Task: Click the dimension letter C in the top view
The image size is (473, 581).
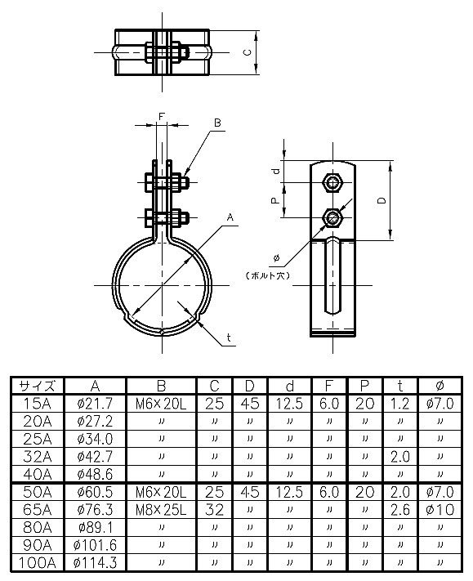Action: tap(248, 51)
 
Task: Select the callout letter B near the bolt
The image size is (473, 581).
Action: tap(217, 123)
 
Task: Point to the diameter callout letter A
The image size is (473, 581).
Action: tap(231, 217)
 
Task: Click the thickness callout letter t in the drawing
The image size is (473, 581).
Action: tap(229, 337)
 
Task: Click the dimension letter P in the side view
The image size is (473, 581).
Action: tap(275, 199)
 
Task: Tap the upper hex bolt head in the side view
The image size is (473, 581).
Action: tap(332, 181)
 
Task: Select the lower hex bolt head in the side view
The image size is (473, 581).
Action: tap(332, 217)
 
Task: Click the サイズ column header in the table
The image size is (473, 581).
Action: tap(37, 386)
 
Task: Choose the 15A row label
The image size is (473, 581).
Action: tap(37, 403)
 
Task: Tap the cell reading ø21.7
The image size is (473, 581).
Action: tap(95, 403)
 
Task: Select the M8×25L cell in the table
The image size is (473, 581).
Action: tap(160, 509)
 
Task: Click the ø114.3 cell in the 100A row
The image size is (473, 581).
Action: tap(95, 563)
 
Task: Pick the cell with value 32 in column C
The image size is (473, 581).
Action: tap(214, 509)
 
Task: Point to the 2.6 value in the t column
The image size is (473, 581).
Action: tap(400, 509)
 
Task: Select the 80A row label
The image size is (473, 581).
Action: tap(37, 527)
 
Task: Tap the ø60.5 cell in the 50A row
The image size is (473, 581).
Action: tap(95, 492)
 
